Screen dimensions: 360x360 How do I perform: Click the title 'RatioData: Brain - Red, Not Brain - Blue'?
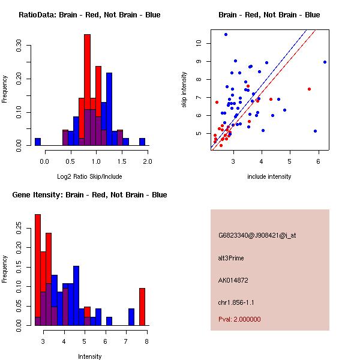(x=89, y=15)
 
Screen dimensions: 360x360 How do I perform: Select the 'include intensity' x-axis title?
(x=269, y=176)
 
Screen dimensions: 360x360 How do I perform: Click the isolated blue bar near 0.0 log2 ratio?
(x=37, y=142)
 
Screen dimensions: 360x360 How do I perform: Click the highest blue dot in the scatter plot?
(x=226, y=34)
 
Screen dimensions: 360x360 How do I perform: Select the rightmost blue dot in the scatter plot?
(x=325, y=62)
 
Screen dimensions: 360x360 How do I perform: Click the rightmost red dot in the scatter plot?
(x=309, y=89)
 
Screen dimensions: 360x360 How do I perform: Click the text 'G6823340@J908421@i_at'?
(x=257, y=235)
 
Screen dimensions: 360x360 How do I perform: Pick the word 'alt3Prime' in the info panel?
(x=231, y=258)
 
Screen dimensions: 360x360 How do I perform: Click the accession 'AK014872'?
(x=233, y=280)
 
